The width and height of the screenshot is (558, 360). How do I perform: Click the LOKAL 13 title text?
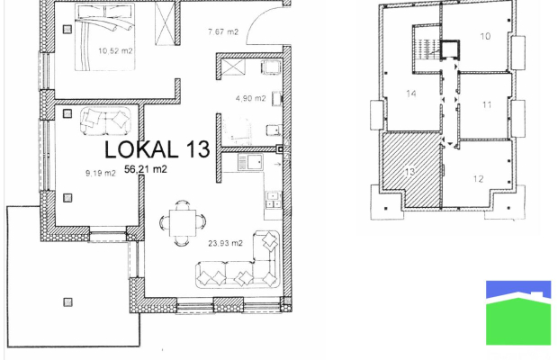tap(157, 149)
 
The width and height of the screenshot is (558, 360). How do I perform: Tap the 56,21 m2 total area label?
tap(146, 169)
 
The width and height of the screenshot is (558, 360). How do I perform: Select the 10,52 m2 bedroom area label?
tap(115, 51)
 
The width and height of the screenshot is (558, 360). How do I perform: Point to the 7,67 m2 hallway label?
tap(223, 32)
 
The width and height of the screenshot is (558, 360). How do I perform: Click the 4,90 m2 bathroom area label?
tap(250, 98)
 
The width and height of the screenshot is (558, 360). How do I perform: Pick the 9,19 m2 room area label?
tap(101, 173)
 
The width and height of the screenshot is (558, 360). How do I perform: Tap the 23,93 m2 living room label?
tap(225, 243)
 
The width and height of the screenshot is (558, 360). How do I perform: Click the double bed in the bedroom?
tap(105, 37)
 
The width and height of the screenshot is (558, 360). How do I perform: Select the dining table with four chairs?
tap(183, 223)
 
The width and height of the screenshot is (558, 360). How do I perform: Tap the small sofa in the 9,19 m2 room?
tap(105, 121)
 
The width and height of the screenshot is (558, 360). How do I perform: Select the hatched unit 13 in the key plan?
tap(411, 169)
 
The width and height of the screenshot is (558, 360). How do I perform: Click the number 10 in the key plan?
tap(485, 36)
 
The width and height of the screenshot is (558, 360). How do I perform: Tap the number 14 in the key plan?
tap(411, 94)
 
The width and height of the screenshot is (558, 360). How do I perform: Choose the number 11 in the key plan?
tap(487, 105)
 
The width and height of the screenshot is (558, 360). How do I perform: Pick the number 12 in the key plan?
tap(478, 179)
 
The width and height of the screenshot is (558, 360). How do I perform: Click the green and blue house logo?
tap(518, 312)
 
